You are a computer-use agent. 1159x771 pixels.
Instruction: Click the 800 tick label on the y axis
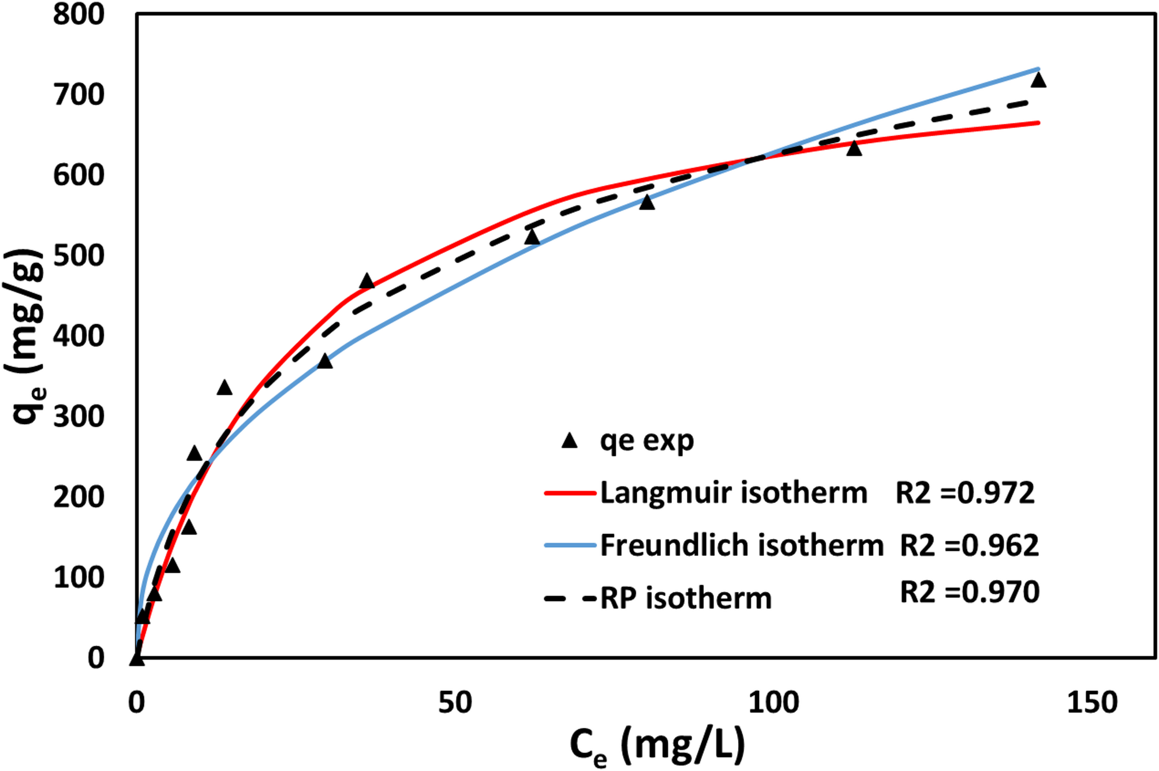click(x=78, y=15)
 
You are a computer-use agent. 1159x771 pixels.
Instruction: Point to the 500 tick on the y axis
click(x=78, y=256)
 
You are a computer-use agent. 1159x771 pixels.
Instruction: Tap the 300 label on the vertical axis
click(x=78, y=417)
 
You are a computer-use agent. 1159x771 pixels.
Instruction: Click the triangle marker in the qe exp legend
click(x=570, y=441)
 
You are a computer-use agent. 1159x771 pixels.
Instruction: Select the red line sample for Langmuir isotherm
click(x=570, y=493)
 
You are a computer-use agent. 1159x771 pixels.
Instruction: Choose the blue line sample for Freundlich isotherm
click(x=570, y=545)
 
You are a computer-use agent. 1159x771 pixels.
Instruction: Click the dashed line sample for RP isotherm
click(x=570, y=598)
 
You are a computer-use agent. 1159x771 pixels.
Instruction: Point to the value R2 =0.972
click(x=964, y=493)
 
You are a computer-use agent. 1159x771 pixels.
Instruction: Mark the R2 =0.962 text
click(x=969, y=545)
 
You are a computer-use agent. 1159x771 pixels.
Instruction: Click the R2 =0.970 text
click(x=969, y=592)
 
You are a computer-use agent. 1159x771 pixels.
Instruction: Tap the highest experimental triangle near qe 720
click(x=1038, y=80)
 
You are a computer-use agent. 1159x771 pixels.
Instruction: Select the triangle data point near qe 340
click(x=225, y=388)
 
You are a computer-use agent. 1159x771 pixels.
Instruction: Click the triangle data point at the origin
click(x=137, y=658)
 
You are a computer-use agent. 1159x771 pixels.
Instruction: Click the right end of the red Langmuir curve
click(x=1038, y=122)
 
